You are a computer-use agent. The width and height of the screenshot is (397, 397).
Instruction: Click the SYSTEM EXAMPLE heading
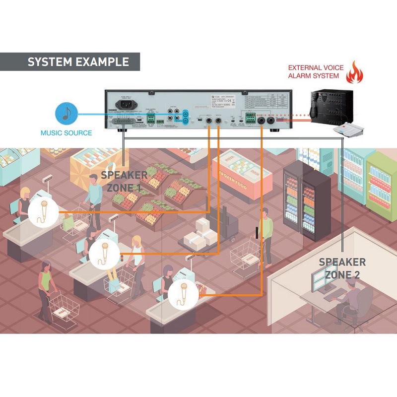tap(78, 62)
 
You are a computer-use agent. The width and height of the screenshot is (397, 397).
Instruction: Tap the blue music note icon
tap(66, 113)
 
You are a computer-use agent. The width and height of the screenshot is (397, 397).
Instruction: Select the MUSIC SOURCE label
tap(66, 133)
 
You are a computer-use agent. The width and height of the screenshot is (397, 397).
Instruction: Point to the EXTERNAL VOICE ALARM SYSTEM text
tap(314, 71)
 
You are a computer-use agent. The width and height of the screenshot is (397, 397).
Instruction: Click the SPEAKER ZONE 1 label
tap(124, 182)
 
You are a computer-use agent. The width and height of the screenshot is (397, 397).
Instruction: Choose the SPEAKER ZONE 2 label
tap(342, 268)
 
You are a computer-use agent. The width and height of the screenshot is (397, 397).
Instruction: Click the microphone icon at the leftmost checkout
tap(43, 211)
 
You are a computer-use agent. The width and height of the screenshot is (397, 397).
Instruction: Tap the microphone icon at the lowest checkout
tap(183, 294)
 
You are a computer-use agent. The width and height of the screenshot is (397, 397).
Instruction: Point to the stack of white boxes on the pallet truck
tap(201, 233)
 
